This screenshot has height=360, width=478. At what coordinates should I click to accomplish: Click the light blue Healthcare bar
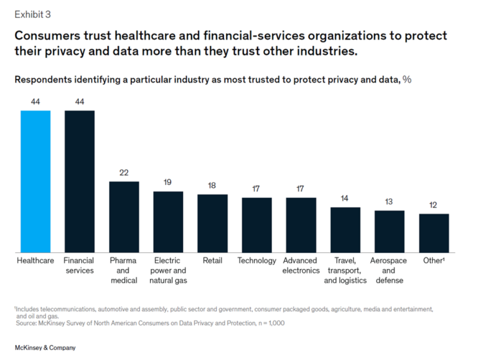coord(35,181)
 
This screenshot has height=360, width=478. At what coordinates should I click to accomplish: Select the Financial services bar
coord(80,181)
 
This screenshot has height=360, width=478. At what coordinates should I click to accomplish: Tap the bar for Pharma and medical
coord(124,217)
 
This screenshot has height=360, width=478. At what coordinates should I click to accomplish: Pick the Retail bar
coord(212,223)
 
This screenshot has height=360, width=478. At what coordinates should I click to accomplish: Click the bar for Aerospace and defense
coord(389,231)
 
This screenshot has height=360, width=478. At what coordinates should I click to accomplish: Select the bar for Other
coord(433,233)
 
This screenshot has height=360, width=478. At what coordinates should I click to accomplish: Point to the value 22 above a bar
coord(124,173)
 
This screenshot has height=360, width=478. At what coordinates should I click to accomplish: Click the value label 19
coord(168,182)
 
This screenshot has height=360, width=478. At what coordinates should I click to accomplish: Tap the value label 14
coord(345,199)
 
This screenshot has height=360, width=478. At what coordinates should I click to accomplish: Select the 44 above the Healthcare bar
coord(35,102)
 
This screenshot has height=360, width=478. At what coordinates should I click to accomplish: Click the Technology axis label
coord(256,260)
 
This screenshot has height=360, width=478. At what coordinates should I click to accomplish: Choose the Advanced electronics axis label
coord(301,265)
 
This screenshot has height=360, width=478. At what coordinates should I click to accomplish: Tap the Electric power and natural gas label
coord(168,270)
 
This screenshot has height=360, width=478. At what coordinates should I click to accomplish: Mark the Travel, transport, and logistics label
coord(345,270)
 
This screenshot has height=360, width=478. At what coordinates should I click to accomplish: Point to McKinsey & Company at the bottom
coord(45,348)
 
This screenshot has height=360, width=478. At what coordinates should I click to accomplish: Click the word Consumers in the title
coord(47,36)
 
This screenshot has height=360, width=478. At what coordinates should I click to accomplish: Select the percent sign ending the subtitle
coord(406,80)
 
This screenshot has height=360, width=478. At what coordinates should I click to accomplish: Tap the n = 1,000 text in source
coord(260,322)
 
